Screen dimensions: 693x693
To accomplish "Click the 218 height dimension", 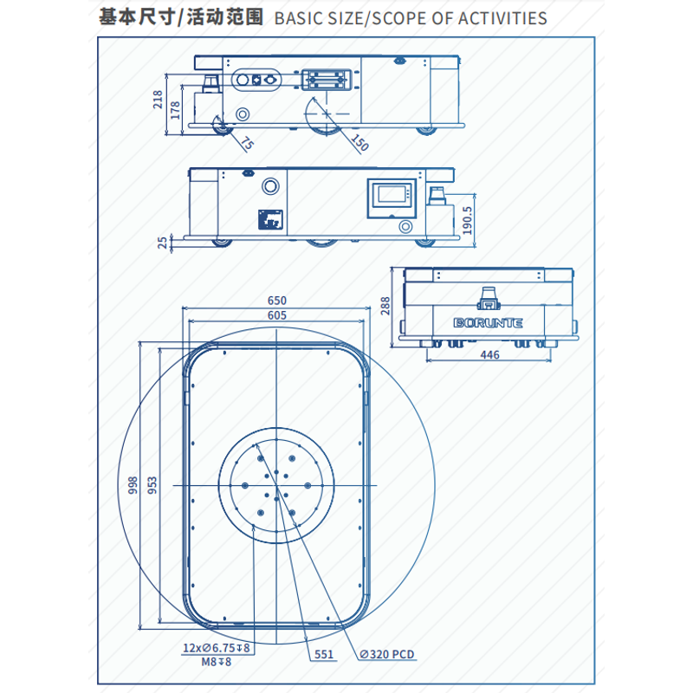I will click(x=158, y=100).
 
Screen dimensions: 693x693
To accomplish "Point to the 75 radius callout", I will click(x=247, y=144).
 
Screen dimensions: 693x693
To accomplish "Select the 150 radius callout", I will click(x=359, y=144).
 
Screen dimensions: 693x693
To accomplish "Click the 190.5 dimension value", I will click(x=469, y=220).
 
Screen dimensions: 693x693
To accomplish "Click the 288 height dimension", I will click(x=386, y=306).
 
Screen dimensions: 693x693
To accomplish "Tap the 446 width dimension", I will click(x=489, y=354).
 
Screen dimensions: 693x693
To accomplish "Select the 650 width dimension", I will click(x=276, y=301).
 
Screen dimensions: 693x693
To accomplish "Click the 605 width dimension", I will click(x=276, y=315).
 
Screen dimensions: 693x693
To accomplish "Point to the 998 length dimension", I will click(x=133, y=484).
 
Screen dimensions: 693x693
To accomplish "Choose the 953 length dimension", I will click(x=152, y=484).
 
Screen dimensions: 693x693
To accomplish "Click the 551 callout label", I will click(x=324, y=655).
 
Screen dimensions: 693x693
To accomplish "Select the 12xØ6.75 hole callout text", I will click(x=217, y=648).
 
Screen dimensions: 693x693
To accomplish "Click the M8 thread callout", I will click(x=217, y=662).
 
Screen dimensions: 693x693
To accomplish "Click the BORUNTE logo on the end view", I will click(x=489, y=323).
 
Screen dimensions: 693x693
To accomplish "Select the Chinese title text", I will click(x=181, y=17).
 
